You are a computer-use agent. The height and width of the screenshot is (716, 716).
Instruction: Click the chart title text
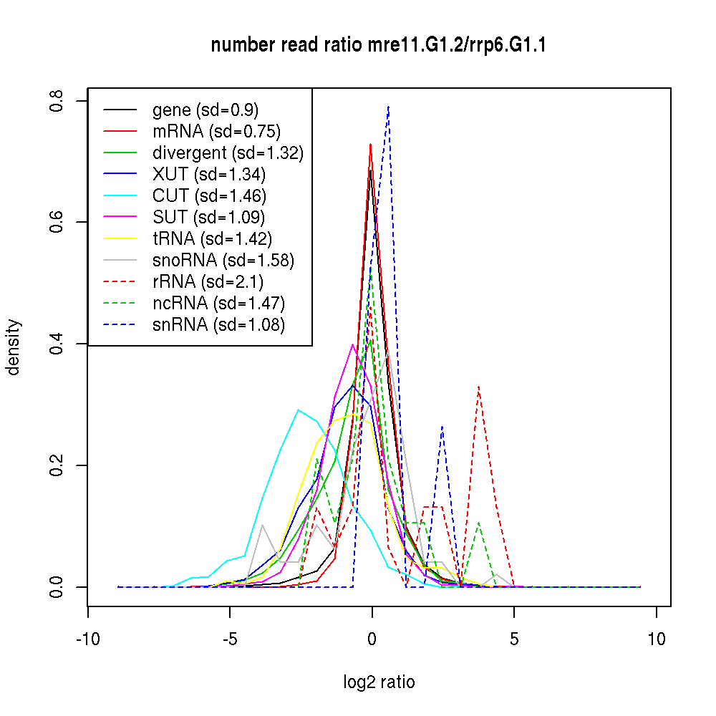point(378,45)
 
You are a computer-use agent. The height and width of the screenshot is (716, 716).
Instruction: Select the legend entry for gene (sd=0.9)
point(205,110)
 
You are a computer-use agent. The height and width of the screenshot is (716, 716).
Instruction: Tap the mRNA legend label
point(216,132)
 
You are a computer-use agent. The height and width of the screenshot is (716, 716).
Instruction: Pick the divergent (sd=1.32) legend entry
point(228,153)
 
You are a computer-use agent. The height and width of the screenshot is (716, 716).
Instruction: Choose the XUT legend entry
point(208,175)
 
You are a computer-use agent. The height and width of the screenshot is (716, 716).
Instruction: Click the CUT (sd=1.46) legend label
point(209,196)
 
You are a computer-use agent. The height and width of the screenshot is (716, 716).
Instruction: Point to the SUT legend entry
point(208,218)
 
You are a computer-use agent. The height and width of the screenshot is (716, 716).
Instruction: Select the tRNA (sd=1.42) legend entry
point(213,239)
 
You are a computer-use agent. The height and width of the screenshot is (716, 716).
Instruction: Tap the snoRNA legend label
point(223,261)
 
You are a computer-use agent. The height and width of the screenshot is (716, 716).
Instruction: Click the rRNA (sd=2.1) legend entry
point(208,281)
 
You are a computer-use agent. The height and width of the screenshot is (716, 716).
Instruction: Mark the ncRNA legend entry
point(218,303)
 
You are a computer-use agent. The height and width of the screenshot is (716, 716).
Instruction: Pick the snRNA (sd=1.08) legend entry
point(218,324)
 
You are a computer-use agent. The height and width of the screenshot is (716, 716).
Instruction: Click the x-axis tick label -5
point(230,639)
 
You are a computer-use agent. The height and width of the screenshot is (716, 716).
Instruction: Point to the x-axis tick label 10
point(656,639)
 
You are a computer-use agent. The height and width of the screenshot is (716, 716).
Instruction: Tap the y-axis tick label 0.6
point(56,222)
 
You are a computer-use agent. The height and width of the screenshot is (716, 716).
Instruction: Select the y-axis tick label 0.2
point(56,465)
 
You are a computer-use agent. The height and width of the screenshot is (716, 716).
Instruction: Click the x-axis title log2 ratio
point(379,682)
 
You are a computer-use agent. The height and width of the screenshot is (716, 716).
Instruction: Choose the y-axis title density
point(13,347)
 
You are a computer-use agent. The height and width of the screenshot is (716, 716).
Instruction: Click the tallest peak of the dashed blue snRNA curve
point(389,107)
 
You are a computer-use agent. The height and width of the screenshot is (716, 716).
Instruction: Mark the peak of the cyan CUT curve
point(298,410)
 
